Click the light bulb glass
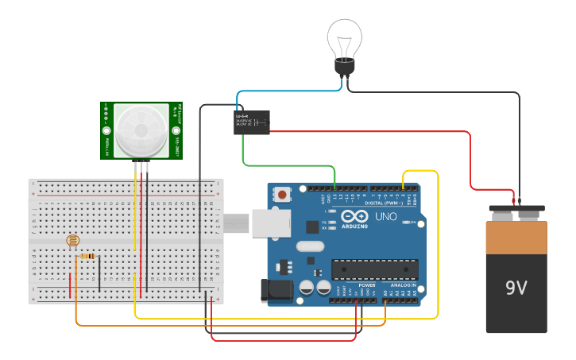[345, 38]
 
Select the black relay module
[252, 122]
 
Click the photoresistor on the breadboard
[73, 241]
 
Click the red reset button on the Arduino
[282, 194]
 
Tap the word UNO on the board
[386, 216]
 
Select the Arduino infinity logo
[354, 216]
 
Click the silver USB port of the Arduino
[271, 223]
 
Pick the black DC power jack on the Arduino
[272, 290]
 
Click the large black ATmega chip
[374, 270]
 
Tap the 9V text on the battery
[516, 288]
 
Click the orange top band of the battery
[516, 237]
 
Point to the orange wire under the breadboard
[222, 325]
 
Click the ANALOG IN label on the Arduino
[401, 285]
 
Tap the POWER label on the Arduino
[366, 285]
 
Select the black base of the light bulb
[344, 68]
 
